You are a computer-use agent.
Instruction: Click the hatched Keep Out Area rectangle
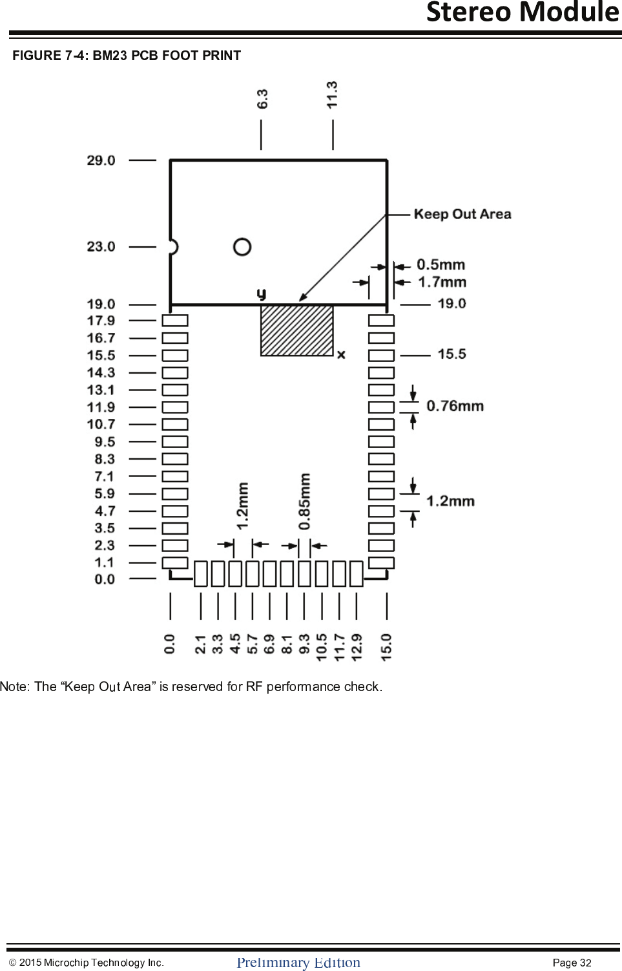(x=296, y=330)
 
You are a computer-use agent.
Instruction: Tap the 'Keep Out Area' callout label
(x=462, y=214)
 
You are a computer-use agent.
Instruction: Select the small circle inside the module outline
(x=242, y=247)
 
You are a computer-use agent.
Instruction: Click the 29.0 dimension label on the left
(x=101, y=160)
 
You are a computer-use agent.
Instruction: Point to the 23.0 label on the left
(x=101, y=246)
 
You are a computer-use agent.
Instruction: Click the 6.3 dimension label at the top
(x=262, y=99)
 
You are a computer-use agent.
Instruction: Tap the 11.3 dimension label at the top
(x=332, y=94)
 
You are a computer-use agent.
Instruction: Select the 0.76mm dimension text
(x=455, y=406)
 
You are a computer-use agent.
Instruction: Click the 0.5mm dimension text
(x=441, y=264)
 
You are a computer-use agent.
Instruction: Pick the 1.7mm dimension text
(x=442, y=282)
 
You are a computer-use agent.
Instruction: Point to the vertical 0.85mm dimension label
(x=305, y=502)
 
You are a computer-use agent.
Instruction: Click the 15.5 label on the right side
(x=451, y=354)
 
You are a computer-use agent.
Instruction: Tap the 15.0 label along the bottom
(x=386, y=647)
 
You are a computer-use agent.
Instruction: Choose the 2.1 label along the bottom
(x=200, y=645)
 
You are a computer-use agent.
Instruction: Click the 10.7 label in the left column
(x=101, y=424)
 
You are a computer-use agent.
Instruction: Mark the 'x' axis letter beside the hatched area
(x=341, y=354)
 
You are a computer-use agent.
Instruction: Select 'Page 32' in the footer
(x=572, y=963)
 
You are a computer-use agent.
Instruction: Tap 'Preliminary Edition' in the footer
(x=298, y=963)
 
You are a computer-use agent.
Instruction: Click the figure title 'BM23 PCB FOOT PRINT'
(x=167, y=56)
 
